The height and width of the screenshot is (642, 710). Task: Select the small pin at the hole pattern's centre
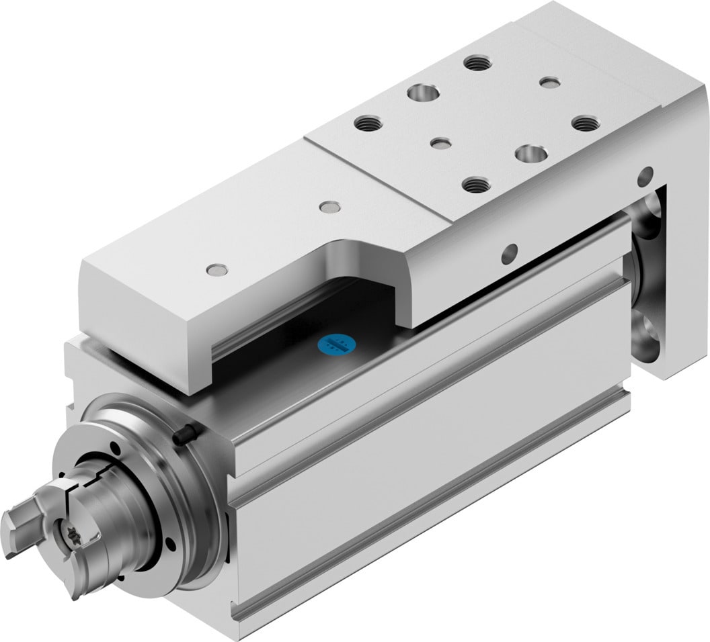(x=441, y=143)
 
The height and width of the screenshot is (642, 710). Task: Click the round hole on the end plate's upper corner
(x=644, y=177)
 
